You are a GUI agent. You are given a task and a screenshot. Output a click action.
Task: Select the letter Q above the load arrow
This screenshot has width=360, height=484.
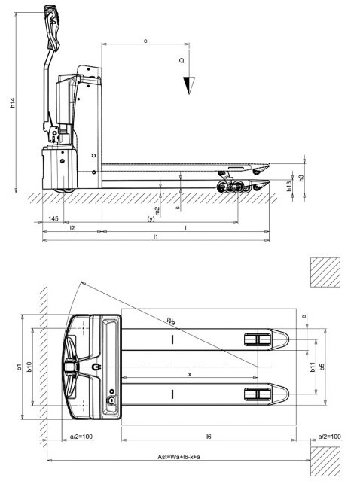point(182,58)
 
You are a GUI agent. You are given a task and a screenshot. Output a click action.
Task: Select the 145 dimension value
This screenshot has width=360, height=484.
point(53,218)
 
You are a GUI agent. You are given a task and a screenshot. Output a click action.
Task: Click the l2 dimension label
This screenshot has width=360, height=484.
point(72,227)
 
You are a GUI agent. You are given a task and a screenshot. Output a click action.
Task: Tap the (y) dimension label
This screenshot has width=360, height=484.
point(151,219)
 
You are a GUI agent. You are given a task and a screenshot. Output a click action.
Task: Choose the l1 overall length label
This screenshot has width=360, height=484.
point(155,236)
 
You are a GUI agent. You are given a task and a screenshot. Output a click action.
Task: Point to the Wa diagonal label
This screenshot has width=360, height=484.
point(173,322)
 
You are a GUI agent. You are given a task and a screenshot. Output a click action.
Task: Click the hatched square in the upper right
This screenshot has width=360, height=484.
point(324,272)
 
